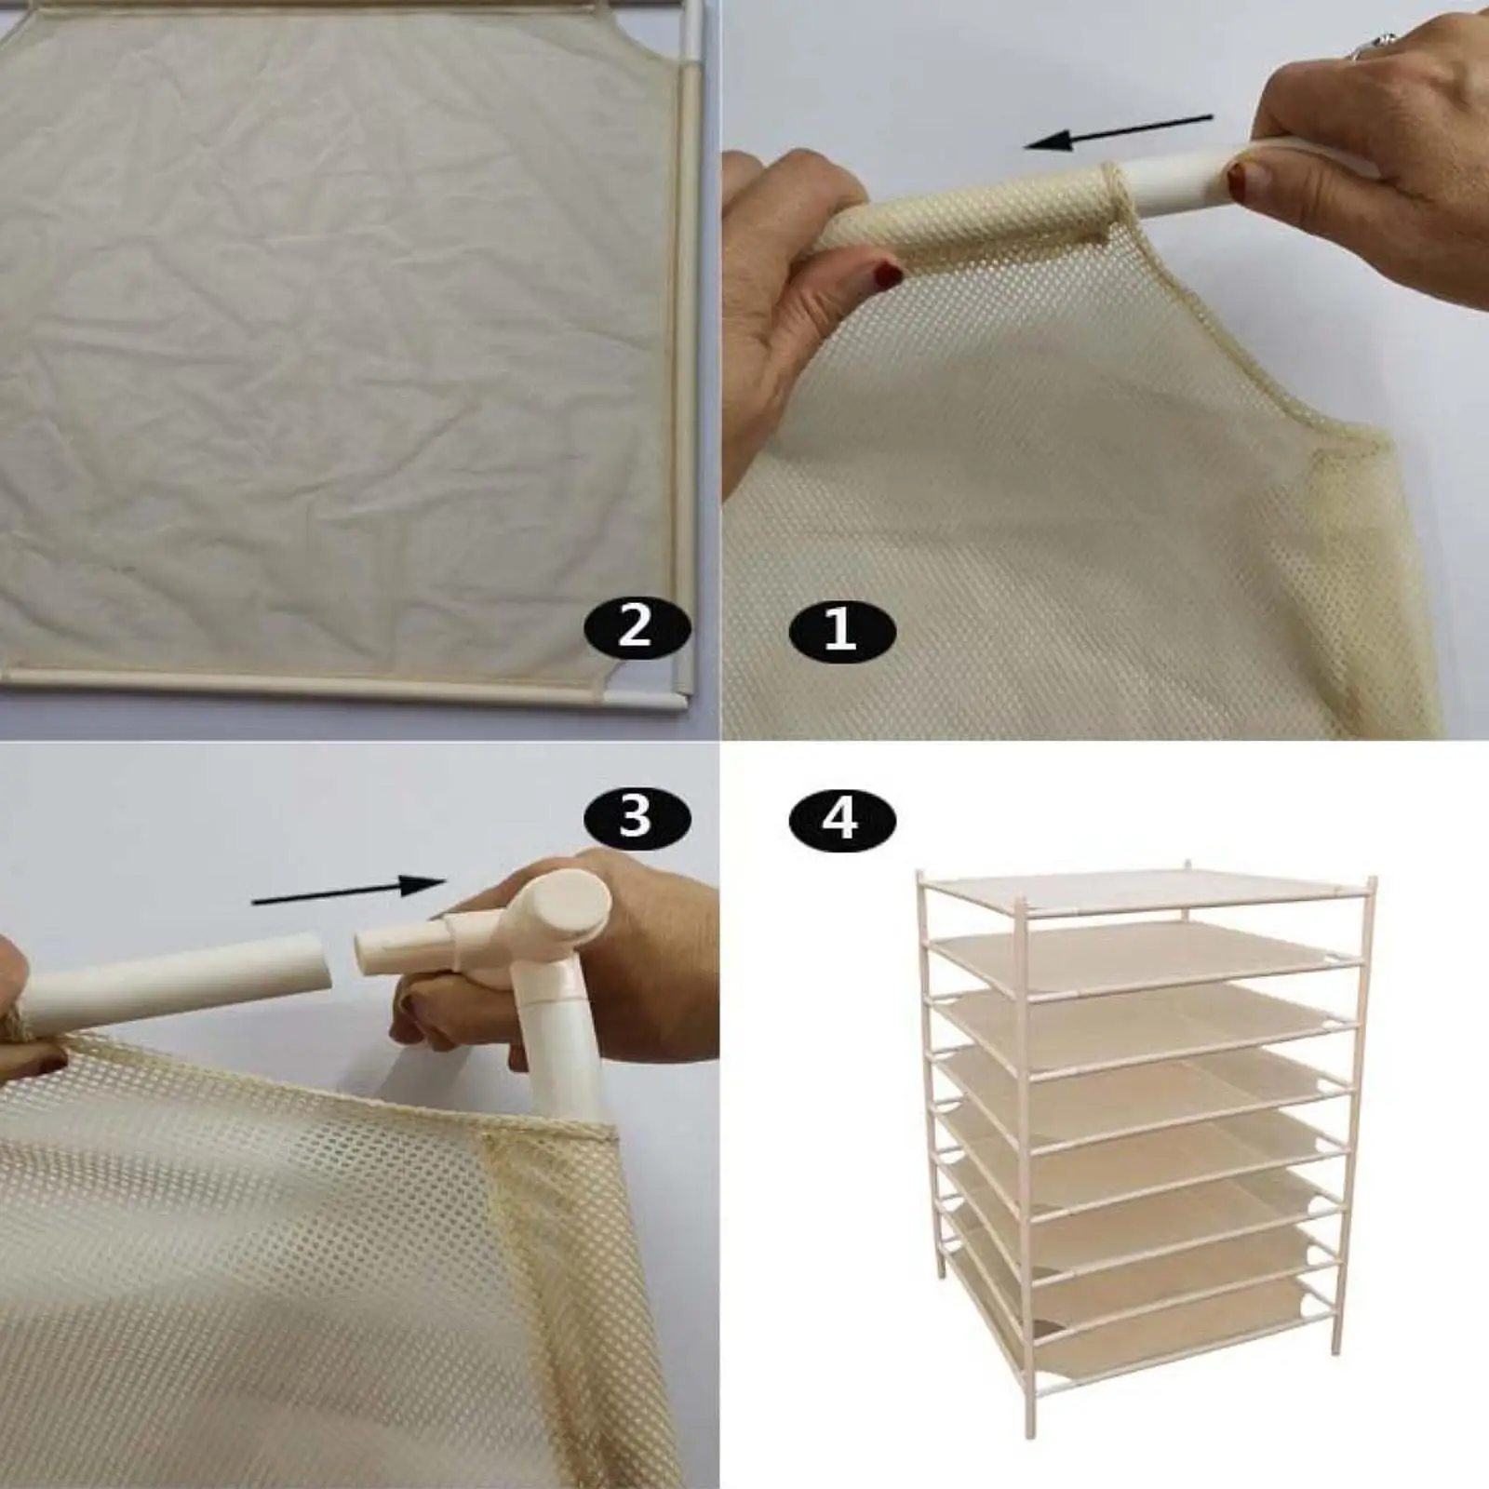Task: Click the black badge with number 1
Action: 841,632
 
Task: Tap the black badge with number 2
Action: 637,628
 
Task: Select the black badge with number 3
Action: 637,818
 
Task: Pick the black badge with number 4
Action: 841,819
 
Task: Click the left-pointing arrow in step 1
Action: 1118,132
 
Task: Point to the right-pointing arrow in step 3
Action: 350,892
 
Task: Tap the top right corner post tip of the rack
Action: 1371,880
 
